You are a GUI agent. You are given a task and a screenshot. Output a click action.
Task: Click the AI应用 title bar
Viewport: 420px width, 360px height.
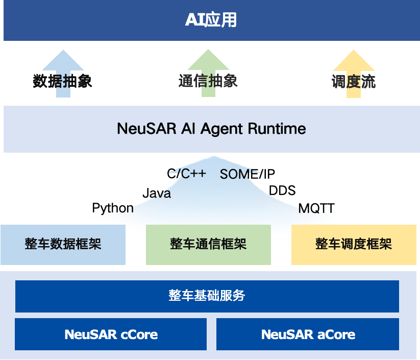click(x=210, y=20)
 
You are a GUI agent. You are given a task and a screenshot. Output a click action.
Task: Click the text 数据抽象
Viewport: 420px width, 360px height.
click(x=62, y=81)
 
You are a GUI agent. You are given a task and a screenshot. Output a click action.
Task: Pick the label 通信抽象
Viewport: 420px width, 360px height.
click(x=208, y=81)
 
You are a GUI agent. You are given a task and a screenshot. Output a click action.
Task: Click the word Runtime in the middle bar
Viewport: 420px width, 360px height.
click(x=277, y=129)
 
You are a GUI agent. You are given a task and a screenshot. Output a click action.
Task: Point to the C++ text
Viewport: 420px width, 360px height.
click(x=192, y=174)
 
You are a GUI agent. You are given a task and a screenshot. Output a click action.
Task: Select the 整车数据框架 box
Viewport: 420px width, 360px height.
click(x=63, y=244)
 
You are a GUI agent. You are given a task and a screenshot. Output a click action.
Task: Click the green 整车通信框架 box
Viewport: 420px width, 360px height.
click(x=208, y=244)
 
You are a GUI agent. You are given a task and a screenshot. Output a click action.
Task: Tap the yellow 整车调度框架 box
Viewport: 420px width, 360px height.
click(x=354, y=244)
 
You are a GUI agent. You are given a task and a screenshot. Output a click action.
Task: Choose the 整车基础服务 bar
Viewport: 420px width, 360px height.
click(x=207, y=296)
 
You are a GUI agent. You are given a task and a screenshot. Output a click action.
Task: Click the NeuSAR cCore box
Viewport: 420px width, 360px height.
click(x=111, y=334)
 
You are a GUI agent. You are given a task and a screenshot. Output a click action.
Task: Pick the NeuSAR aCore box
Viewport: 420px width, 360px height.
click(x=308, y=334)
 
